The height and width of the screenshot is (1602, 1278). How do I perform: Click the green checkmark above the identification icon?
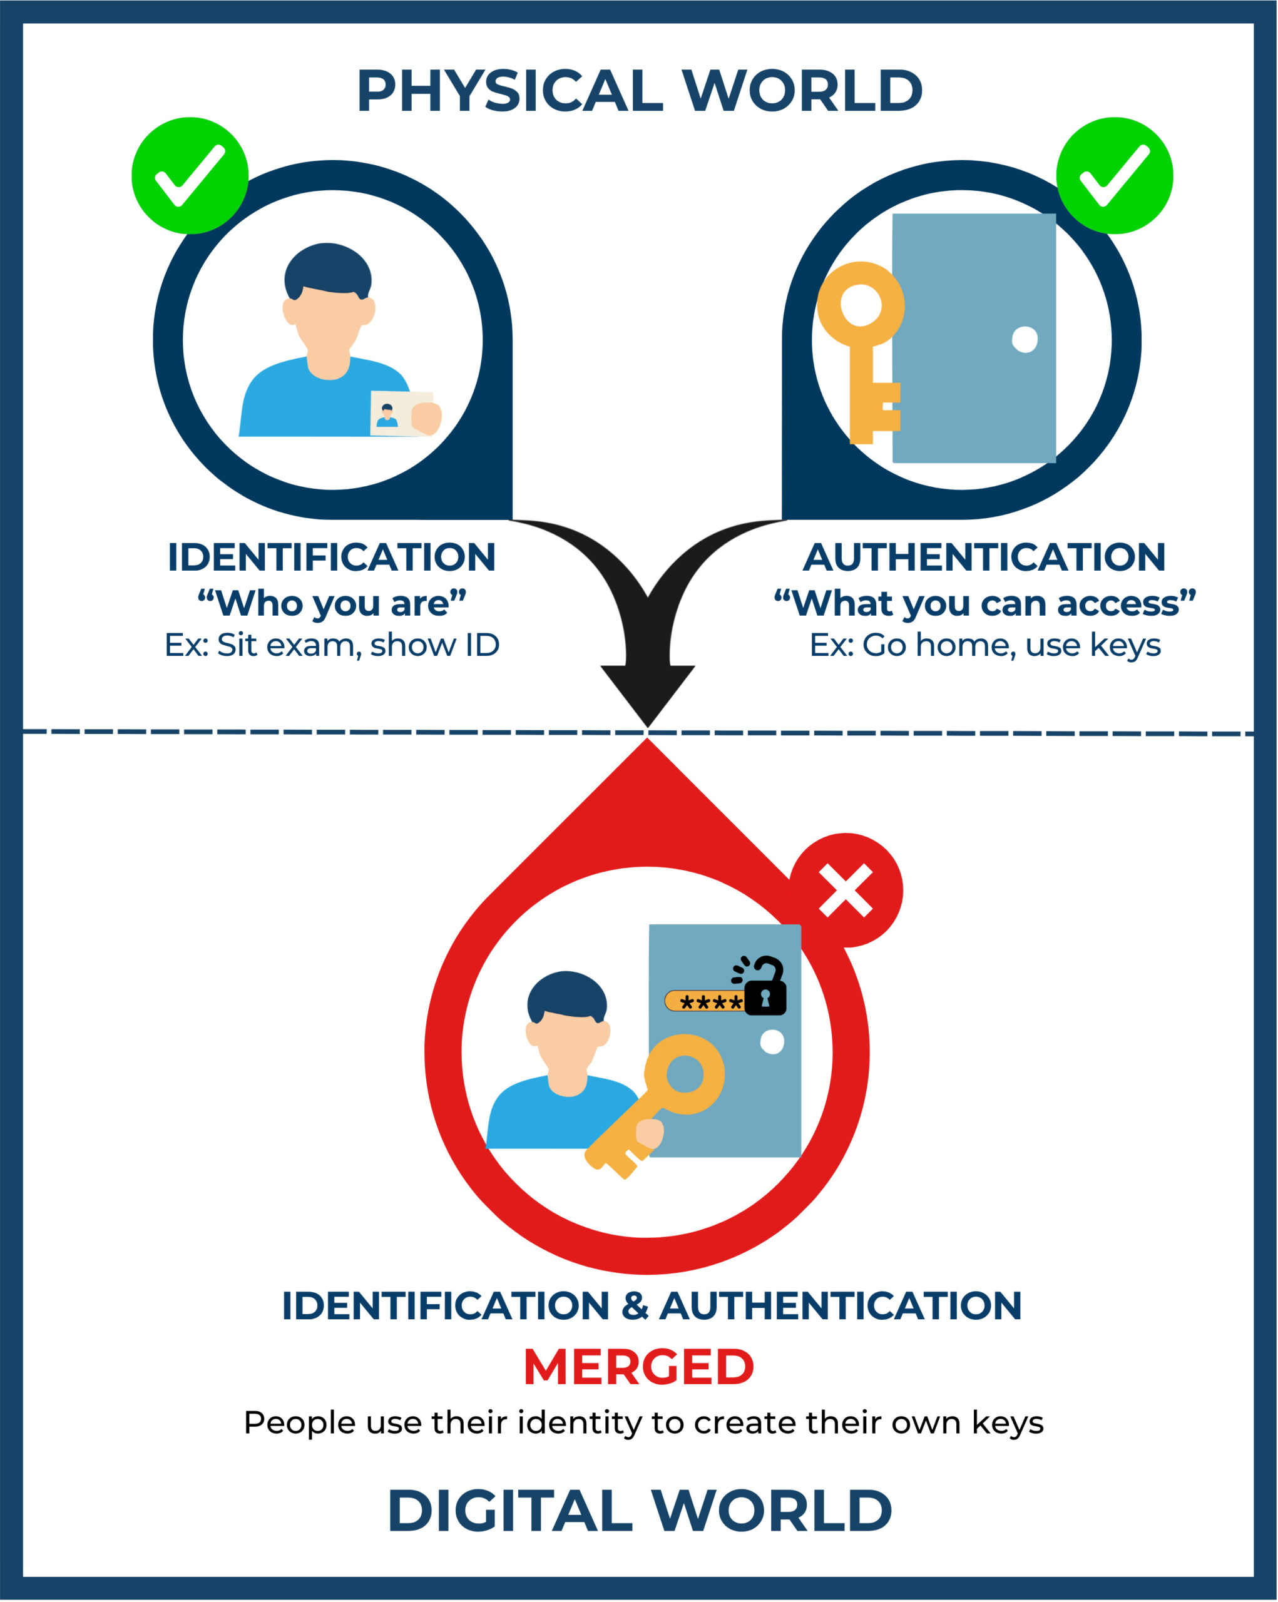click(190, 175)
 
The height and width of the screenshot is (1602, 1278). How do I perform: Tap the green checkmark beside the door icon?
click(1114, 175)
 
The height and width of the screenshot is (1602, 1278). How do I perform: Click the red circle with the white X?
click(845, 889)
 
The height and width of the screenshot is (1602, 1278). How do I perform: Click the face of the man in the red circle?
click(567, 1040)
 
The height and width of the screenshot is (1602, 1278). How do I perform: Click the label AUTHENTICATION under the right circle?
click(984, 558)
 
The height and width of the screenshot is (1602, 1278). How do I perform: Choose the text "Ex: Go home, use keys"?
click(984, 645)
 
